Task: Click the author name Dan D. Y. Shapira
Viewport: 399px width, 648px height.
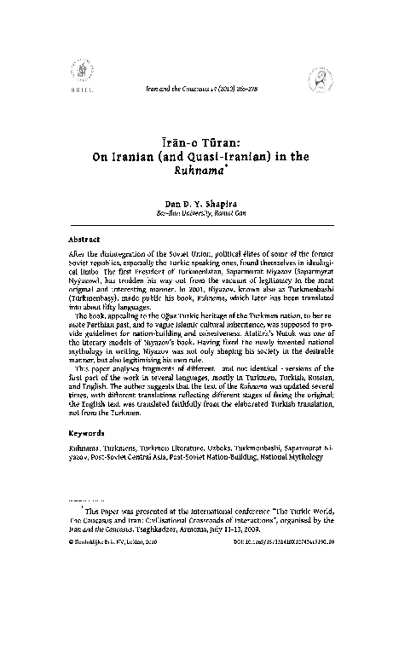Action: point(199,203)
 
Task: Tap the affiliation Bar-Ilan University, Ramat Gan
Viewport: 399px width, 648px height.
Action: point(199,213)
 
